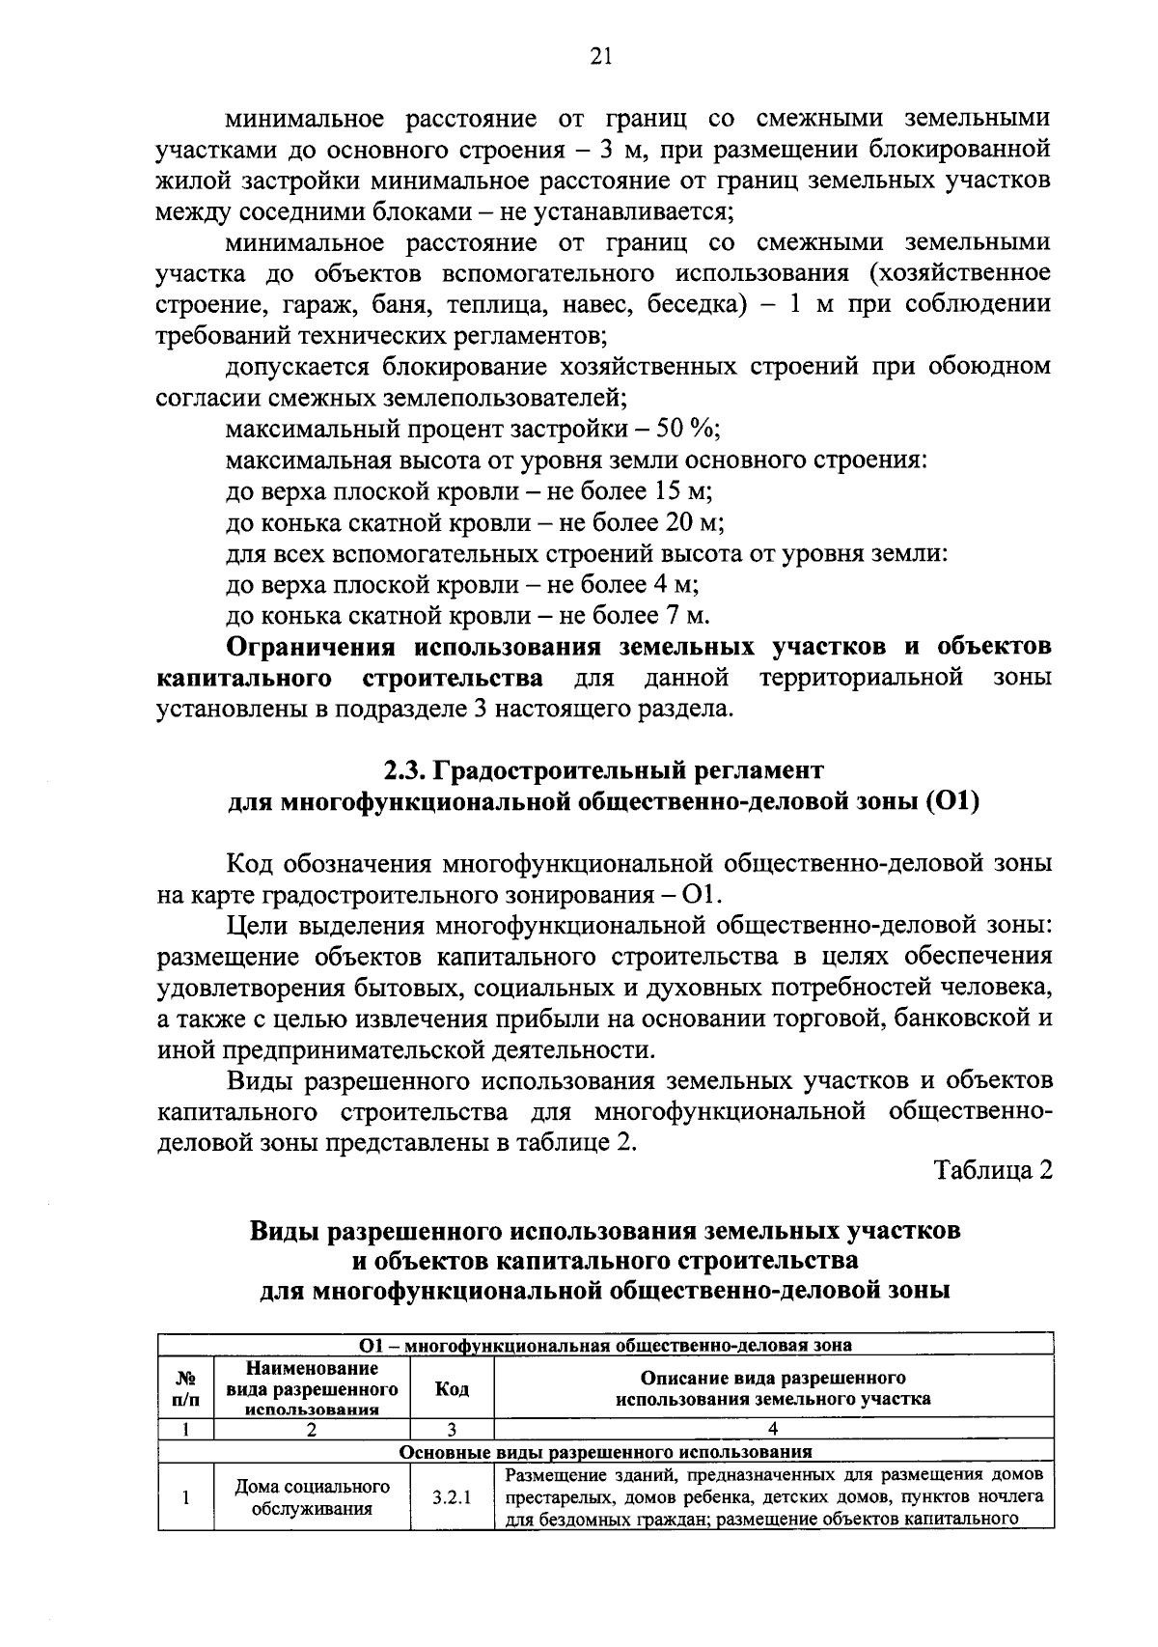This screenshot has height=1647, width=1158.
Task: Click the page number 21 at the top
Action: pyautogui.click(x=600, y=57)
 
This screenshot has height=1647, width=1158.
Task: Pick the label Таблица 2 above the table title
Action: pyautogui.click(x=992, y=1170)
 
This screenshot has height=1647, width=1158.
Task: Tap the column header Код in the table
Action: pyautogui.click(x=452, y=1389)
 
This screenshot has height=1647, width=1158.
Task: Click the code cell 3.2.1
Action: pyautogui.click(x=452, y=1498)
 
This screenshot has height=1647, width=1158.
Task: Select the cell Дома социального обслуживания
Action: pyautogui.click(x=312, y=1498)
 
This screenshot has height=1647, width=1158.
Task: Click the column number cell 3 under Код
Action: pyautogui.click(x=452, y=1430)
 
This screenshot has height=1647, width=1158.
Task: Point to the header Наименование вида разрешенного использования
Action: pyautogui.click(x=312, y=1389)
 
